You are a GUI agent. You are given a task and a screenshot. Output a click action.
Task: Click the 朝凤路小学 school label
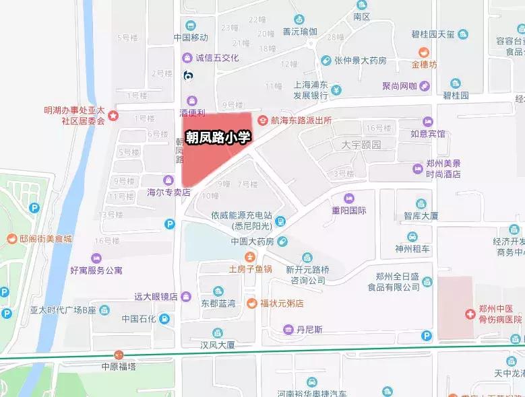tap(218, 137)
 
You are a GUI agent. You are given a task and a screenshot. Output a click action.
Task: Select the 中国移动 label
tap(191, 38)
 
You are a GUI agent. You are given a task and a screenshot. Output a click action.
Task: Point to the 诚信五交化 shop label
tap(217, 58)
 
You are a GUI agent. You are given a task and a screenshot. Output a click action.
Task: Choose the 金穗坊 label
tap(425, 65)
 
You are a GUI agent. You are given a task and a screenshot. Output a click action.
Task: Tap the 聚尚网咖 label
tap(400, 85)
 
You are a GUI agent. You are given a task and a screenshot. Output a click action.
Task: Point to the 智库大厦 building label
tap(421, 216)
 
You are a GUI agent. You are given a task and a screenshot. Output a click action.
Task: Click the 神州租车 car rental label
tap(413, 248)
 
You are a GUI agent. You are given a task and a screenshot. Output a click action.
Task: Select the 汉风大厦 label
tap(217, 345)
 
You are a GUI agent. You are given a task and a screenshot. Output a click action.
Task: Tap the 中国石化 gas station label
tap(139, 318)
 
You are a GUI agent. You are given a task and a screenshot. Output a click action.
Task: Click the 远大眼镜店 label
tap(155, 296)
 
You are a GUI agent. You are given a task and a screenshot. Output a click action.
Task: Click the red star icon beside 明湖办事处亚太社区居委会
tap(114, 116)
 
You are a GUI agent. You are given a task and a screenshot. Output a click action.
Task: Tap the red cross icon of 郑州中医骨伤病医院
tap(469, 314)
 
